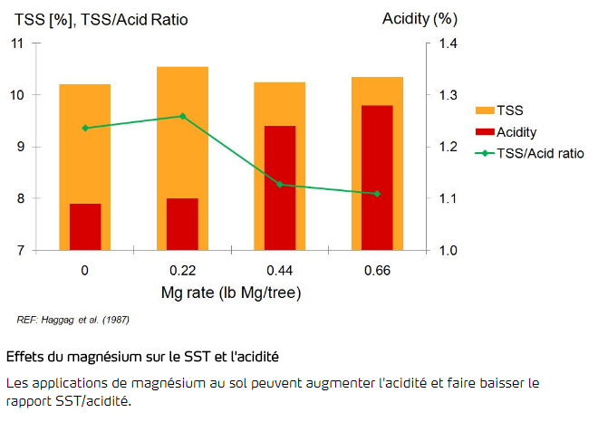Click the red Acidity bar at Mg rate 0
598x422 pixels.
tap(85, 226)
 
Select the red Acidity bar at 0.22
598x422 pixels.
tap(182, 224)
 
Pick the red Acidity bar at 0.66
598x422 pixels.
tap(377, 177)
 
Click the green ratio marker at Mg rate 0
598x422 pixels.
tap(85, 128)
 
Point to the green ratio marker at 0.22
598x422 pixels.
tap(182, 116)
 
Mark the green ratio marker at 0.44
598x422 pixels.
tap(280, 184)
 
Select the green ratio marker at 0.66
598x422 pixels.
tap(377, 194)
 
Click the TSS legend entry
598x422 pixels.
tap(509, 110)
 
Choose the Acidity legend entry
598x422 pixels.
tap(516, 132)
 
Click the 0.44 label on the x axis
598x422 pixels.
tap(280, 270)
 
